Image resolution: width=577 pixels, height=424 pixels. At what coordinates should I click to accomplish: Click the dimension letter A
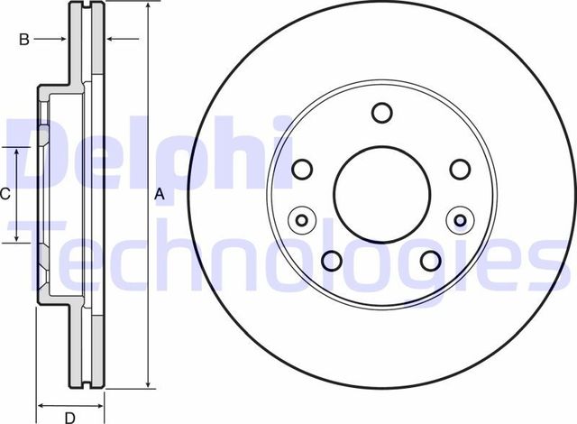tap(160, 194)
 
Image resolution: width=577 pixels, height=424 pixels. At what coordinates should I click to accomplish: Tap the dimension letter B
tap(25, 39)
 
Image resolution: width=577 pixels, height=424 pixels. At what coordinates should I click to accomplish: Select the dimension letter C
tap(5, 194)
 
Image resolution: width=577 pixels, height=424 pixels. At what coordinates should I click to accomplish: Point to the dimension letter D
tap(69, 416)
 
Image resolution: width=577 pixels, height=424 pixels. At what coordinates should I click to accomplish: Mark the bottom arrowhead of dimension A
tap(146, 391)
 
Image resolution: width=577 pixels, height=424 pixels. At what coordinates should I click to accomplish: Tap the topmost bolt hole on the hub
tap(380, 113)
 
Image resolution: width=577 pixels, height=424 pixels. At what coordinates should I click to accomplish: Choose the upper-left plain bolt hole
tap(302, 169)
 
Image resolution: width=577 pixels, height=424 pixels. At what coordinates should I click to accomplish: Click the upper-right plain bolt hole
tap(460, 169)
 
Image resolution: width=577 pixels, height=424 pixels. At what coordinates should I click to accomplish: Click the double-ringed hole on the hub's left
tap(300, 218)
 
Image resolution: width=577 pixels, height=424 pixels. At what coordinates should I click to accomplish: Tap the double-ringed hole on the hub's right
tap(462, 218)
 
